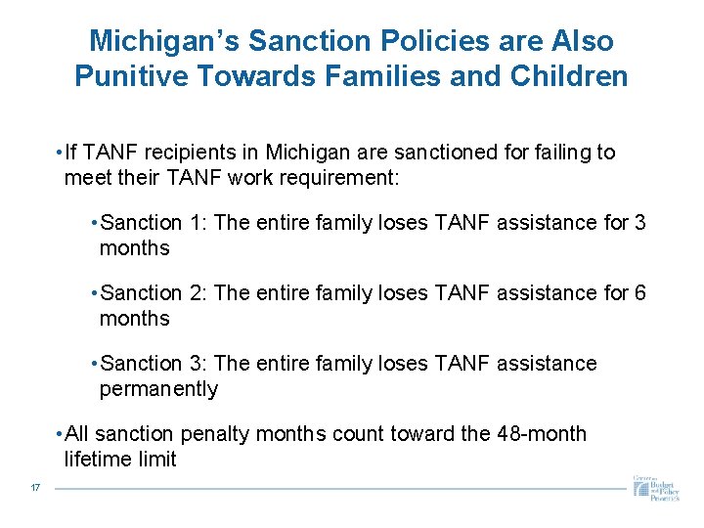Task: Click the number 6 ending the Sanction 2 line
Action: [x=640, y=293]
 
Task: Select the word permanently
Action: [x=158, y=389]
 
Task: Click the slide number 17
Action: [x=35, y=488]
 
